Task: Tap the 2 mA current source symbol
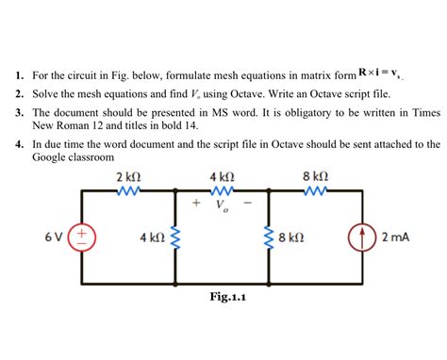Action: (363, 237)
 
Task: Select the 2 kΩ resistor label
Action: (128, 176)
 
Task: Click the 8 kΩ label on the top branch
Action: (315, 176)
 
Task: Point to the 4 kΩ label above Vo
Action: (222, 176)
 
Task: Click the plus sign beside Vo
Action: (196, 202)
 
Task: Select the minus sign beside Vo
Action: (248, 202)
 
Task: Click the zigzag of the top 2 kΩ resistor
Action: (128, 190)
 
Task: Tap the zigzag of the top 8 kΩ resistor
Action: (315, 190)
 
